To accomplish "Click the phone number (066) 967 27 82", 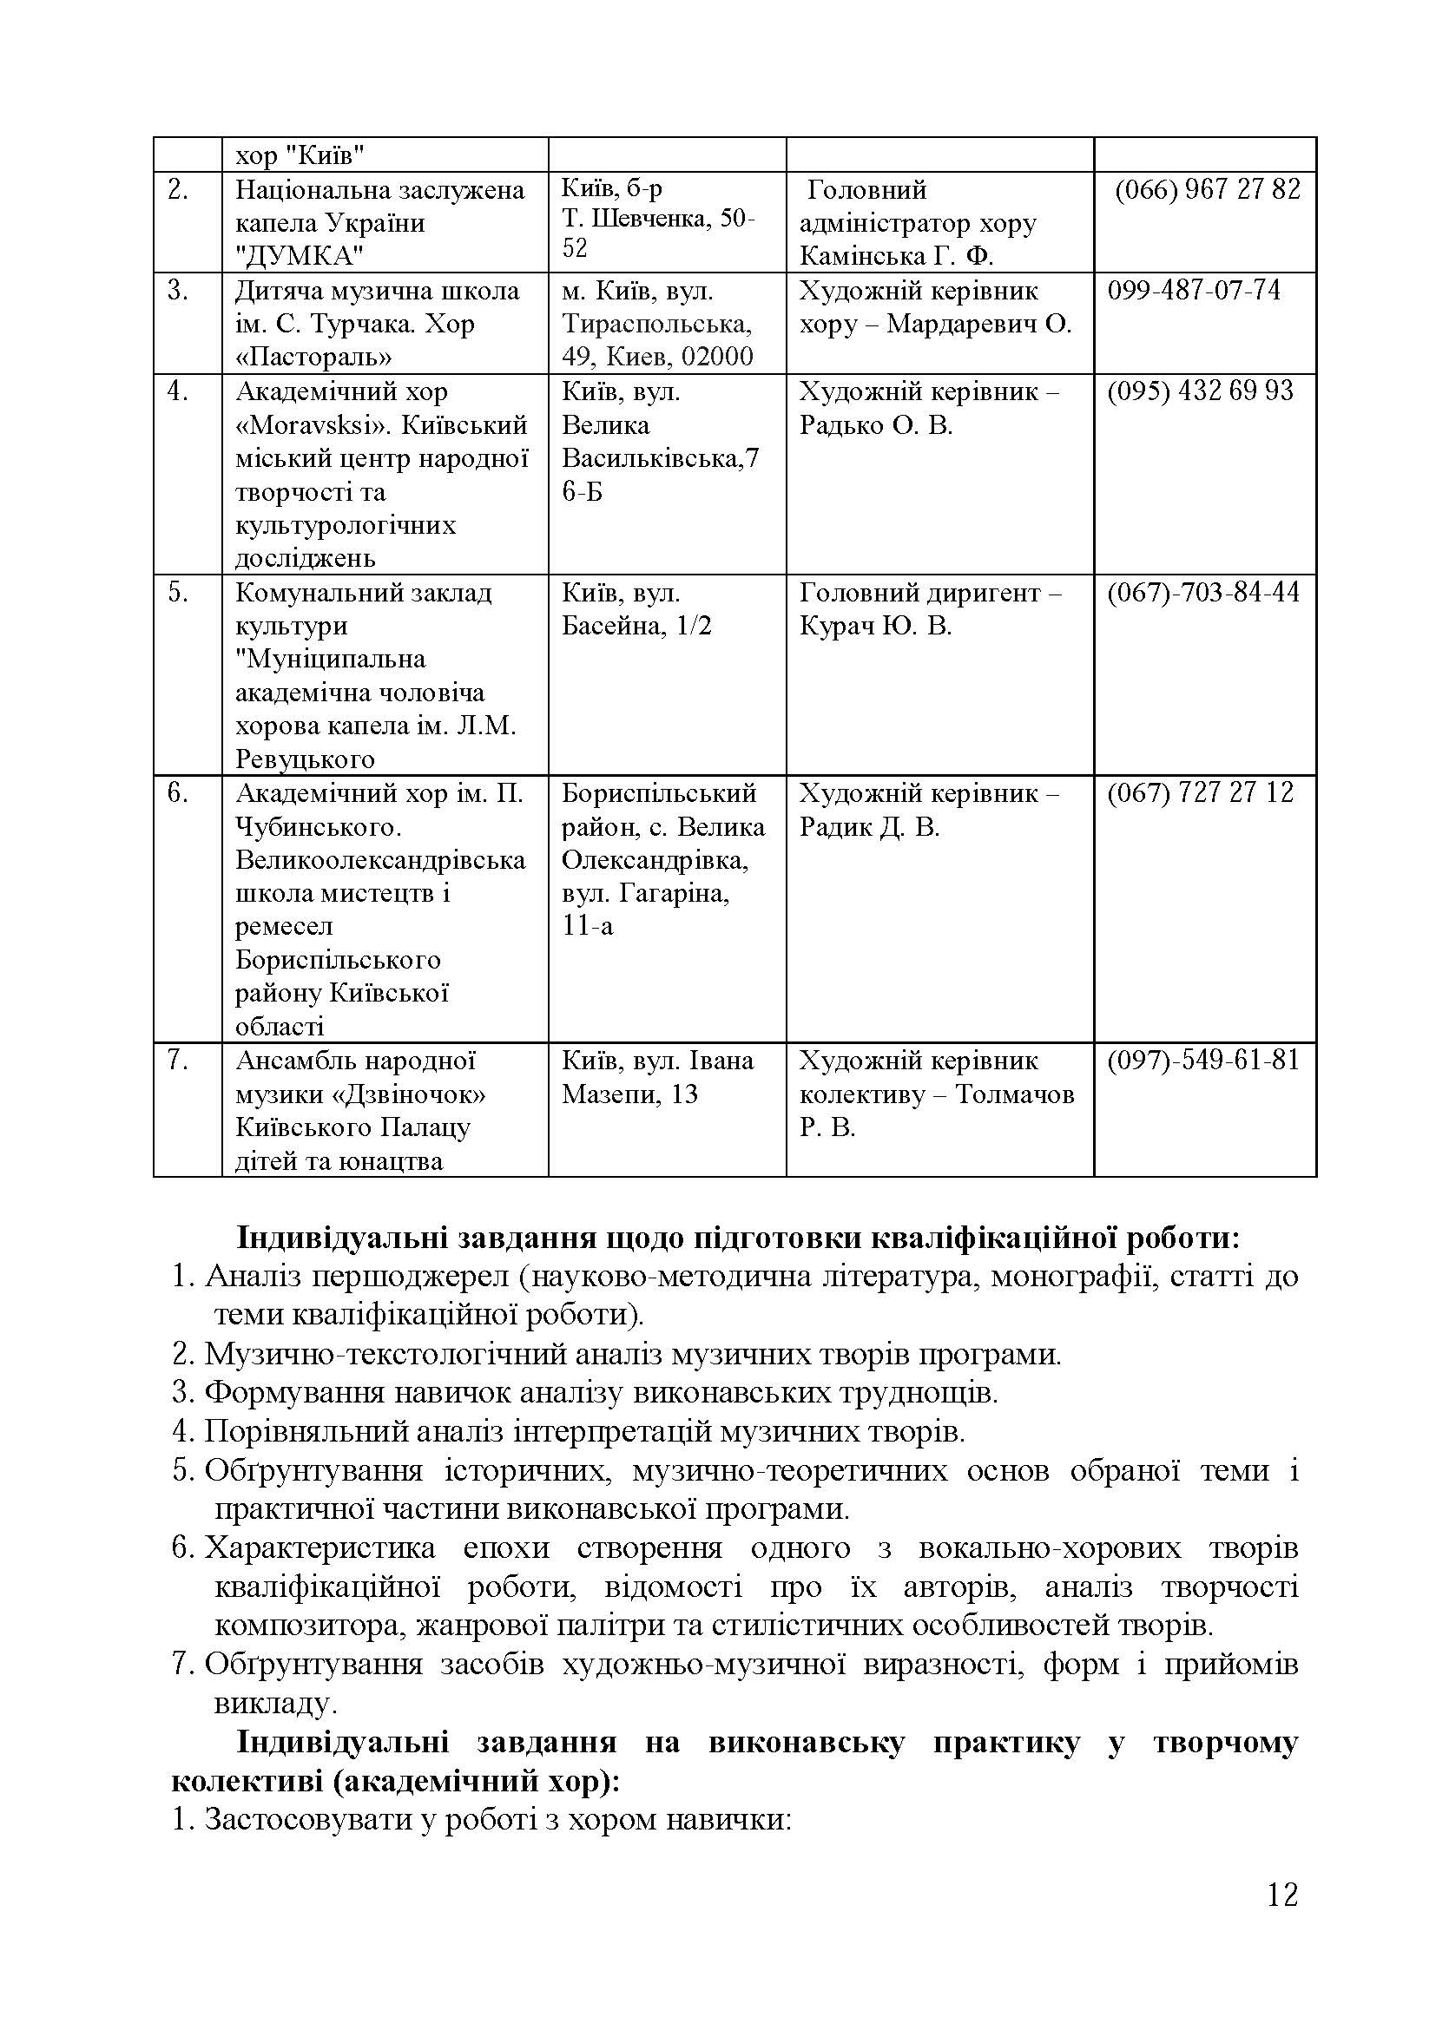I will (1207, 190).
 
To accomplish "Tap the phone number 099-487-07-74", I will (1194, 291).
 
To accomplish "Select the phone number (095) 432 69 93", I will (1200, 391).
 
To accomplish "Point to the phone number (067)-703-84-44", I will (1203, 593).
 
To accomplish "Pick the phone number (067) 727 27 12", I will (1200, 793).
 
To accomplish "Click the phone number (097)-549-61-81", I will (1203, 1060).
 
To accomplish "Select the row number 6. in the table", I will (178, 793).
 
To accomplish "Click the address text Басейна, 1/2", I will (636, 627).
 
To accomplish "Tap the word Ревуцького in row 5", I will (304, 759).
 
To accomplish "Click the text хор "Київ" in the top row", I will (300, 156).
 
